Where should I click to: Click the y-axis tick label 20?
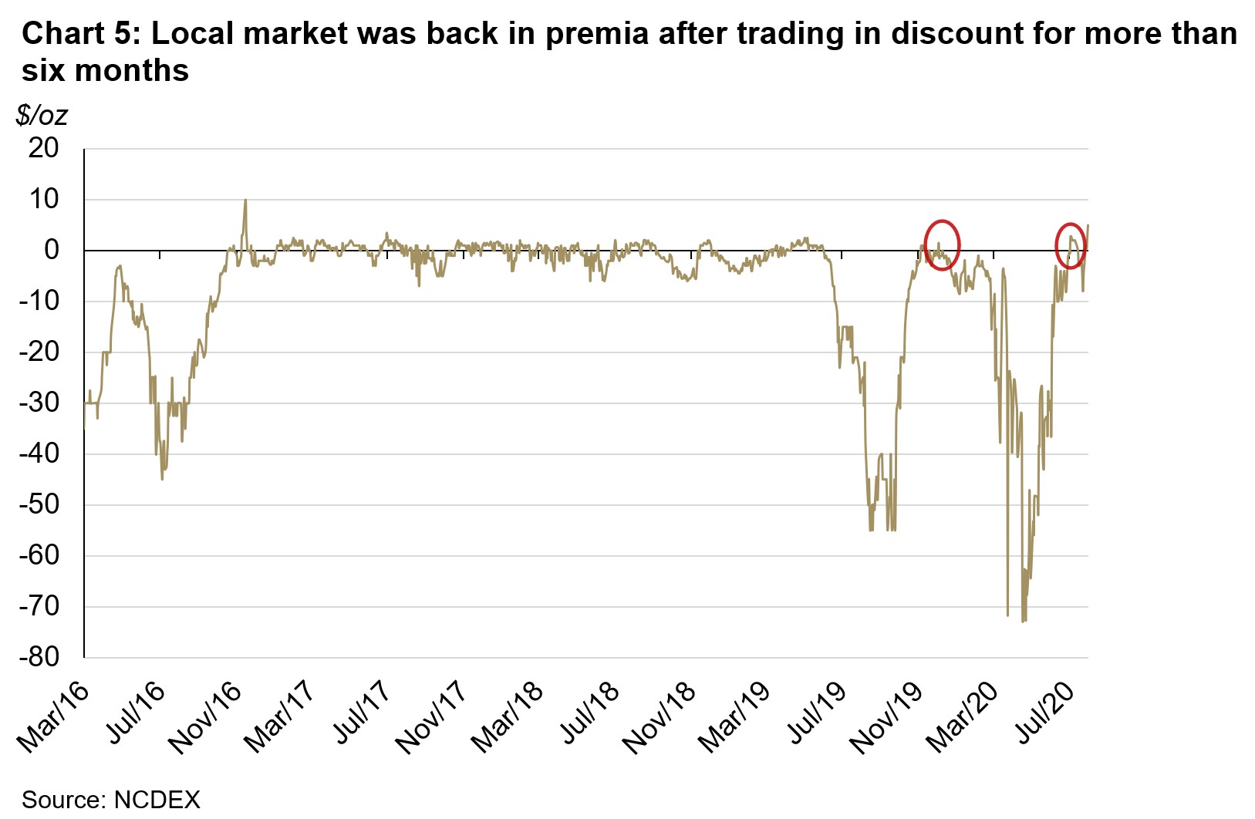43,148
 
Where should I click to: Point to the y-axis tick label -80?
39,657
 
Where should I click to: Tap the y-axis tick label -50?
39,504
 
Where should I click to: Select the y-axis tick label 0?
52,250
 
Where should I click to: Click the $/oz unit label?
42,116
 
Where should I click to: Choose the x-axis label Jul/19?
811,713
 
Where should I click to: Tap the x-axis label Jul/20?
1039,713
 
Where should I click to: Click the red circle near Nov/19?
942,244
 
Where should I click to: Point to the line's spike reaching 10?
245,202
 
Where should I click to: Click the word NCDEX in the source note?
157,800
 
